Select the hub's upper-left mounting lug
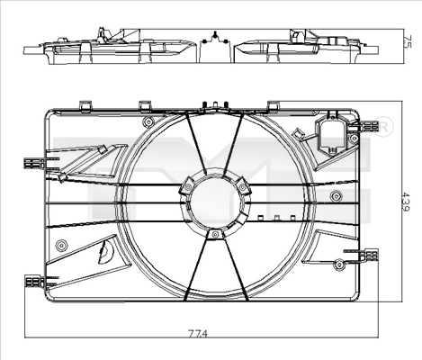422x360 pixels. tap(186, 186)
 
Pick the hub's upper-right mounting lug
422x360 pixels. tap(243, 185)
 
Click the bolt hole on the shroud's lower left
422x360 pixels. tap(61, 246)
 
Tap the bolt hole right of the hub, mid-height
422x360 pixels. tap(336, 196)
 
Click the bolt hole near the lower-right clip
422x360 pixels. tap(338, 264)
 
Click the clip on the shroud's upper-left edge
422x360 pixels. tap(34, 163)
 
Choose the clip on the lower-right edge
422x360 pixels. tap(368, 256)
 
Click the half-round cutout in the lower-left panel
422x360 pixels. tap(106, 252)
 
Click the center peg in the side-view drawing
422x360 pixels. tap(214, 37)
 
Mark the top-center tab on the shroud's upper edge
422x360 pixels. tap(215, 106)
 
